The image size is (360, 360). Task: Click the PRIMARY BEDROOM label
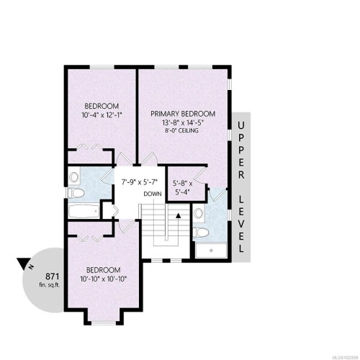[x=184, y=114]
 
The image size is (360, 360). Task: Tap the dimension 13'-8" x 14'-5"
[x=184, y=123]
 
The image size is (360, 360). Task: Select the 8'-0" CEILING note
[x=184, y=132]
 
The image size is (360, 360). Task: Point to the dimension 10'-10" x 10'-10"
[x=100, y=278]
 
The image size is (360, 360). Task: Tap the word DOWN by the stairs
[x=153, y=194]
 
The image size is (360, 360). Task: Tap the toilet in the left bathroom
[x=74, y=177]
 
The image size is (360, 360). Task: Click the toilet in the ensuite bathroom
[x=203, y=232]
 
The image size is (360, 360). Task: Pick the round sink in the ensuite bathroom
[x=199, y=211]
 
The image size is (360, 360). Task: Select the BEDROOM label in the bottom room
[x=100, y=269]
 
